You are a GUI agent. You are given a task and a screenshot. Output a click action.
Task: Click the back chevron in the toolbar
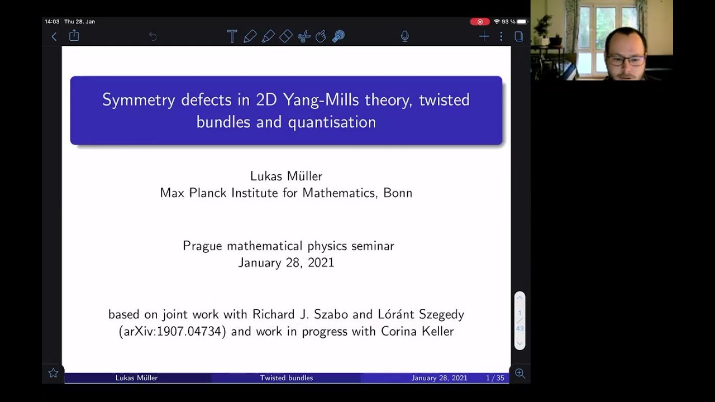(x=54, y=37)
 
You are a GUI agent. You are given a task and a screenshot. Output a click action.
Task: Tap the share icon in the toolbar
(x=74, y=36)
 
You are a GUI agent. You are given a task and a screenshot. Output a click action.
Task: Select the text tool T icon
(x=232, y=37)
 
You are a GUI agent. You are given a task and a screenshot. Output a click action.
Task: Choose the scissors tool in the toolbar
(x=303, y=37)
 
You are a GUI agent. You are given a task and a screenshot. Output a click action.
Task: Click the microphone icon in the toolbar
(x=405, y=37)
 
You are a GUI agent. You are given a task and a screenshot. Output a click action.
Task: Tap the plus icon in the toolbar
(x=484, y=37)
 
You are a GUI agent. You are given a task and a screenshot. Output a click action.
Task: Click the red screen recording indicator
(x=479, y=22)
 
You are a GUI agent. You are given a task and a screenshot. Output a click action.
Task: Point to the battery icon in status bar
(x=522, y=22)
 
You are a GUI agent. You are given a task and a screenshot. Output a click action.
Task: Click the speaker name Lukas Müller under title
(x=286, y=176)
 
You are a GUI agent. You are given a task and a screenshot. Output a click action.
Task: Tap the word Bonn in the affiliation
(x=398, y=193)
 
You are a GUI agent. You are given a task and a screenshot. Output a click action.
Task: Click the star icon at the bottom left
(x=53, y=373)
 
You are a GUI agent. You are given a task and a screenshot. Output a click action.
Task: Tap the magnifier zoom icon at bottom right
(x=520, y=373)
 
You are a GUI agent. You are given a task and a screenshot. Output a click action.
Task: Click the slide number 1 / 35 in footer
(x=495, y=378)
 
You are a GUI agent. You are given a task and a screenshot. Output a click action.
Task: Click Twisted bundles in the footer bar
(x=286, y=378)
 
